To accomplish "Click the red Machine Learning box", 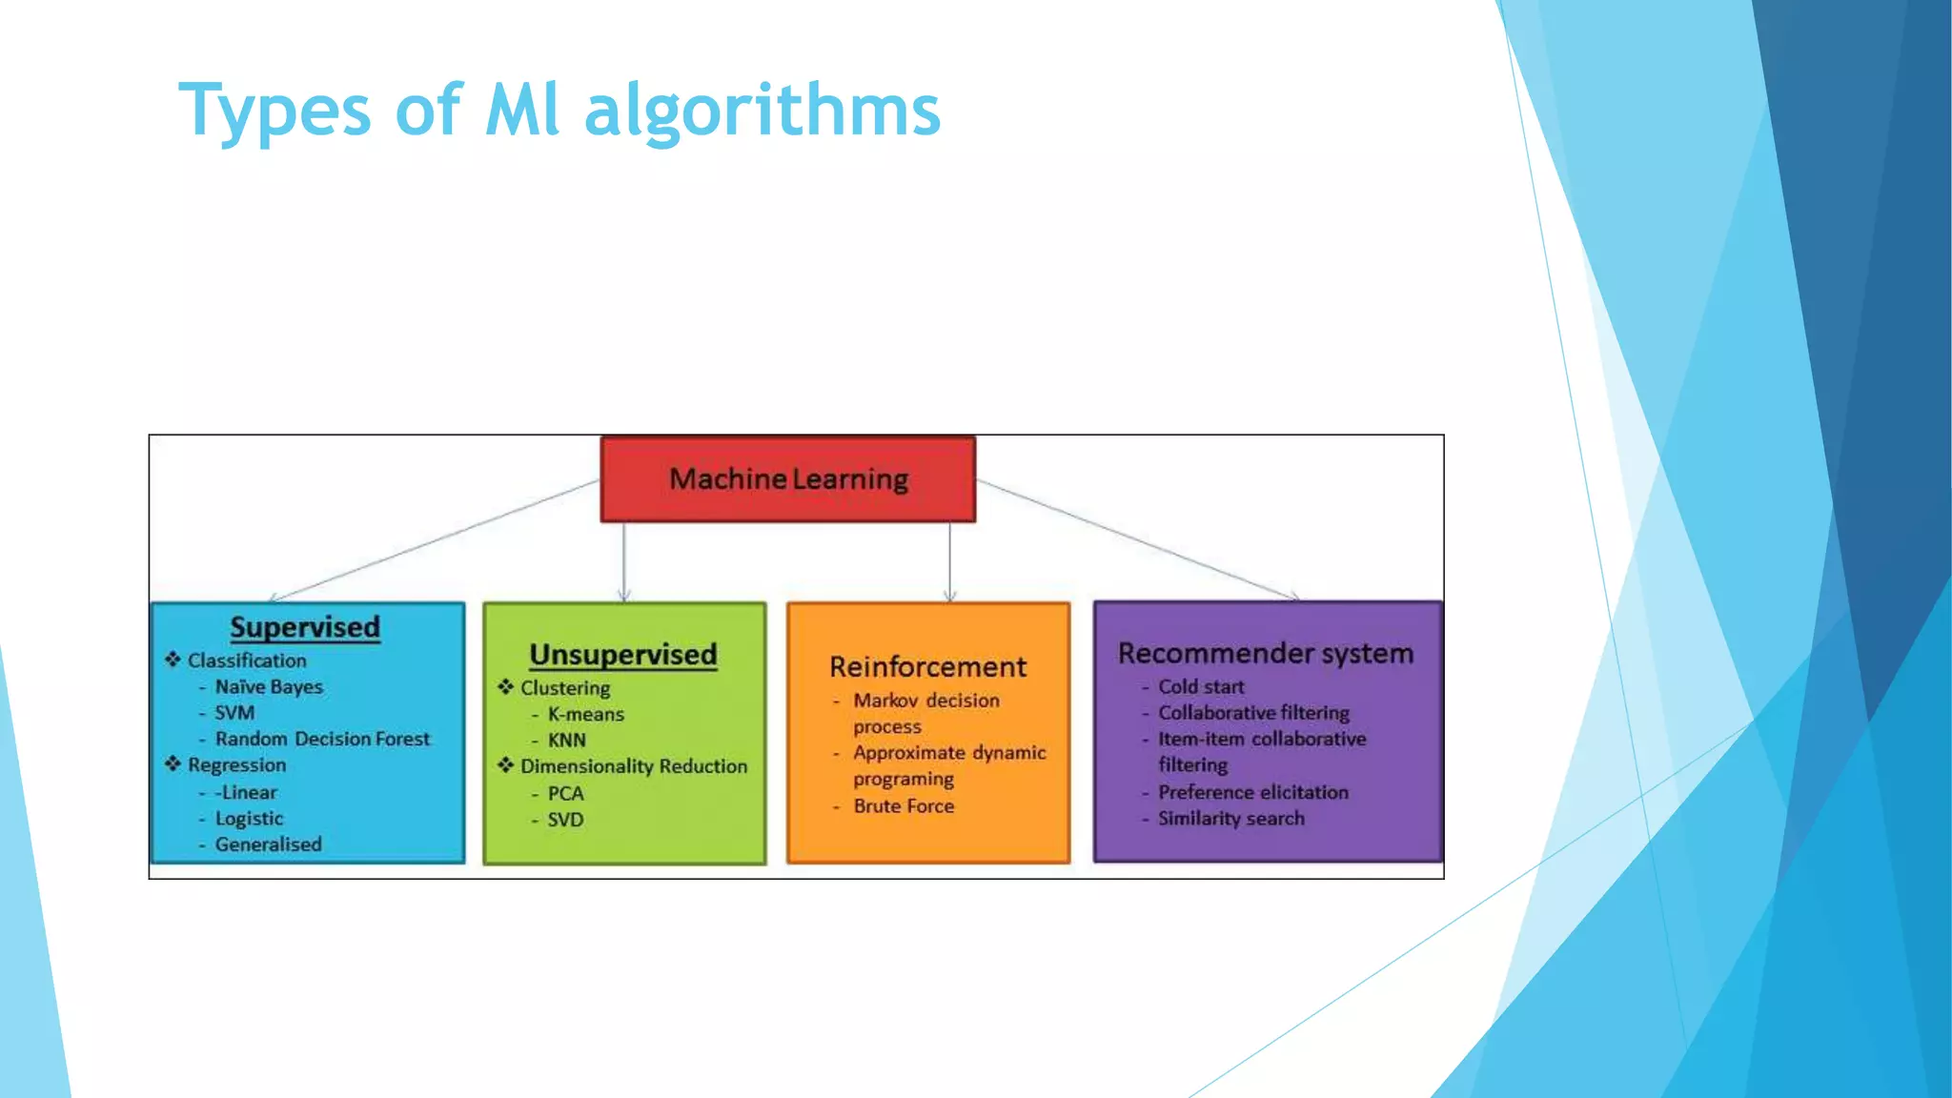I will [787, 478].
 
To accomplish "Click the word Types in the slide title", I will [274, 111].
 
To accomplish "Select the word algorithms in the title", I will [762, 111].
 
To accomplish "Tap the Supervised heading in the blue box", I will [305, 627].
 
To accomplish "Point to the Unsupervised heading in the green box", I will [623, 655].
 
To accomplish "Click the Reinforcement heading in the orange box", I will [927, 666].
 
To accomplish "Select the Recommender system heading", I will [1266, 653].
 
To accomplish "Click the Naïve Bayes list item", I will [269, 686].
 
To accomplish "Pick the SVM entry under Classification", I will [234, 713].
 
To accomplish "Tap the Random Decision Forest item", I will [322, 739].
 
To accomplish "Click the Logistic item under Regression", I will [249, 818].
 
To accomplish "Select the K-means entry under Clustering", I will [585, 714].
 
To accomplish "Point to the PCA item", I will [565, 793].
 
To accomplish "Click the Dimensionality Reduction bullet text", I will [634, 766].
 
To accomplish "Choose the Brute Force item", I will [904, 805].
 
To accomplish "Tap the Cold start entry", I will [1201, 686].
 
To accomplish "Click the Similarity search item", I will [1230, 818].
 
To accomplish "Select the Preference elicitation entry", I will [1252, 792].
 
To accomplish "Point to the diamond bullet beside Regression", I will [173, 764].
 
